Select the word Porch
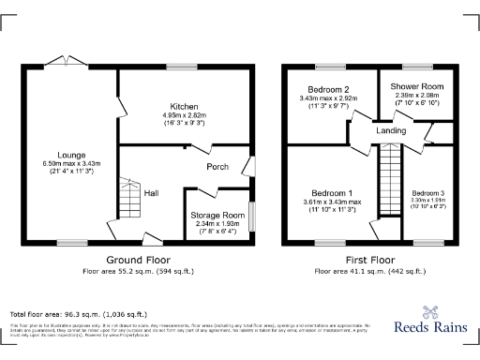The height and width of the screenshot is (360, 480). click(217, 168)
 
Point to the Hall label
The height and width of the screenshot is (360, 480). click(150, 194)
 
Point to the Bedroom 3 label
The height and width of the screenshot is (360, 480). click(427, 192)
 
